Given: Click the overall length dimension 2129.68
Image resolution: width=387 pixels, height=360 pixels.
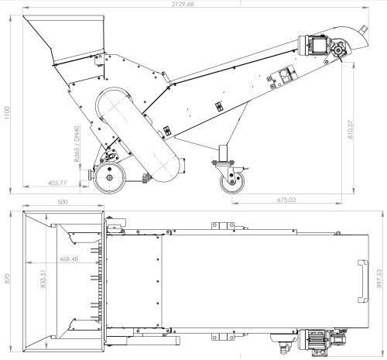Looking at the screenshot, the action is [183, 4].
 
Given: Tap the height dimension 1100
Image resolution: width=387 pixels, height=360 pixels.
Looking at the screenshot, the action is [6, 113].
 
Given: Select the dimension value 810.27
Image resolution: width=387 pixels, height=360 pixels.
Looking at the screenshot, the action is [350, 129].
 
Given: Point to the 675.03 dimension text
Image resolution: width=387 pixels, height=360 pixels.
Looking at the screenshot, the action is [286, 200].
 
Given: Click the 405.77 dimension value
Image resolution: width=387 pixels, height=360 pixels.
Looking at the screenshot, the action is [57, 183].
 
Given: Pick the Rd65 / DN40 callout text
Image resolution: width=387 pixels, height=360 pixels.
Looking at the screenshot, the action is [77, 143].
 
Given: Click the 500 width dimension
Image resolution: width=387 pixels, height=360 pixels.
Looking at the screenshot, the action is [63, 202].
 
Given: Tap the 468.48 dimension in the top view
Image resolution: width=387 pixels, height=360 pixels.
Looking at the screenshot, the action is [69, 259].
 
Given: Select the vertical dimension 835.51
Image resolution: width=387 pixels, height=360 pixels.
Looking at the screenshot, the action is [43, 279].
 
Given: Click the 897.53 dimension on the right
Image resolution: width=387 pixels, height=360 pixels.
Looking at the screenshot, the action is [379, 279].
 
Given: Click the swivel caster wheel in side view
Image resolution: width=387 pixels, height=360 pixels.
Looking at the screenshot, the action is [232, 182].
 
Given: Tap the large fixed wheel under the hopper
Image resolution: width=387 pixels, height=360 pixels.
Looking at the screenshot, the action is [109, 177].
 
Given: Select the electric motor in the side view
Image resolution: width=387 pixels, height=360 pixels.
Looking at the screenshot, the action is [314, 45].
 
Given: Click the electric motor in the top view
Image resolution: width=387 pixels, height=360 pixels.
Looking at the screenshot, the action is [314, 340].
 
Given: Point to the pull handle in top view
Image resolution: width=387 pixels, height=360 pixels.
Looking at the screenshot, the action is [363, 281].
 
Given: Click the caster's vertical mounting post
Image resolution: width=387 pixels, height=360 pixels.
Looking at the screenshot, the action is [223, 153].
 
